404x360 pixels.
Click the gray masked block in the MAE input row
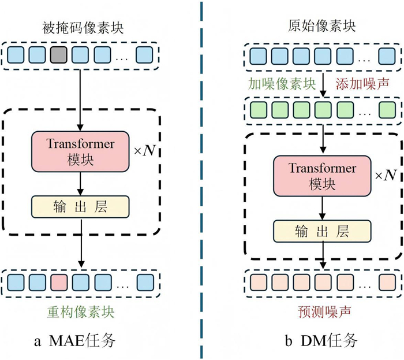tap(59, 55)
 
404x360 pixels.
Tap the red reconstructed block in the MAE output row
tap(59, 283)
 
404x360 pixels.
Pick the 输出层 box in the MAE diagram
tap(81, 206)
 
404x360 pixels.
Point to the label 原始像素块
tap(321, 27)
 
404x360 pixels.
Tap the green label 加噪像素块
tap(282, 83)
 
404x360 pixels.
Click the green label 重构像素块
tap(81, 312)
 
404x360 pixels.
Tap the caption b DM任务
tap(322, 341)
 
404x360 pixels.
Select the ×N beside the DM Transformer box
tap(384, 174)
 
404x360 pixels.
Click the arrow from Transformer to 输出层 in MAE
tap(81, 183)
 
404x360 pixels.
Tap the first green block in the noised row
tap(257, 109)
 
